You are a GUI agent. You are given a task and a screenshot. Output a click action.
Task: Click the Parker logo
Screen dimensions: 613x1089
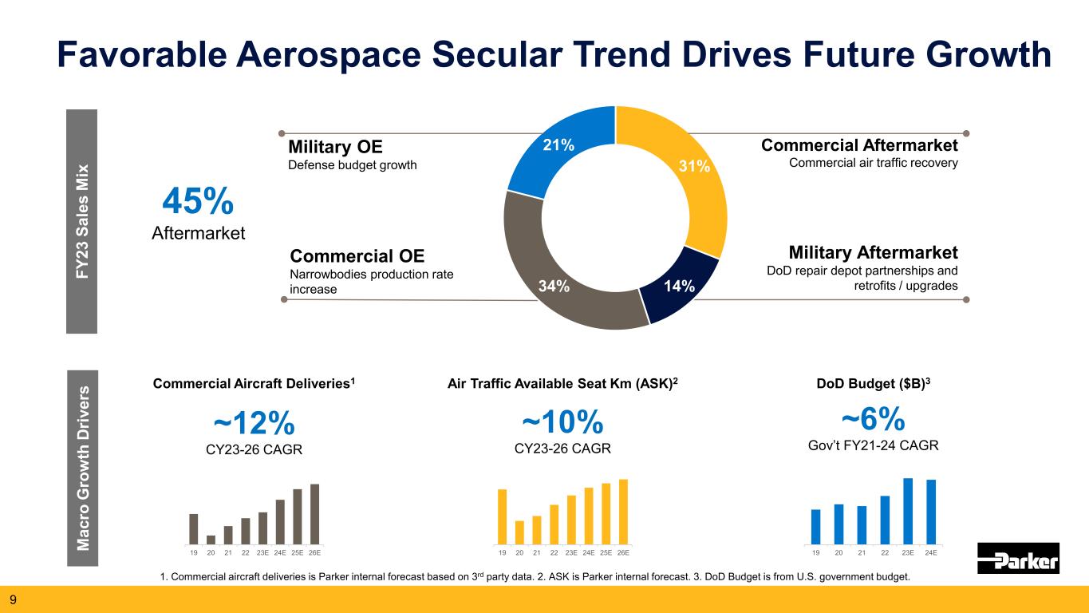[x=1018, y=558]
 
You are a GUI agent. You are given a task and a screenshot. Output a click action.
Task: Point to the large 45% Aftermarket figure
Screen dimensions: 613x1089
[x=198, y=203]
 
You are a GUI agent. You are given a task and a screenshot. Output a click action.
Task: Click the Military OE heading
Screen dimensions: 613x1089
[x=335, y=148]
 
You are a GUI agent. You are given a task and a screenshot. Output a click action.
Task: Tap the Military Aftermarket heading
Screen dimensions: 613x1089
[x=873, y=252]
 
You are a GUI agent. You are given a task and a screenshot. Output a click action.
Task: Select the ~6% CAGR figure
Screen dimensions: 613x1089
[x=874, y=418]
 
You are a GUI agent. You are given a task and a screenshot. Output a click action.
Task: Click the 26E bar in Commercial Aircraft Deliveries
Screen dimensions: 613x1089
[x=314, y=512]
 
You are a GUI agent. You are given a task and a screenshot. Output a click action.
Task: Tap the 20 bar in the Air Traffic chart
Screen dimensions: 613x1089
[x=519, y=531]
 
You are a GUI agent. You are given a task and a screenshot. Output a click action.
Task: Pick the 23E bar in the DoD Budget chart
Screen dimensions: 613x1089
[x=908, y=509]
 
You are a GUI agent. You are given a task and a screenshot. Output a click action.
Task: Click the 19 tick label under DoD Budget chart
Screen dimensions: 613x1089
[x=815, y=552]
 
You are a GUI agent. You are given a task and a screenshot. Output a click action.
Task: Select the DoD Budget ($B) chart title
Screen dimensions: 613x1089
[x=873, y=383]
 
